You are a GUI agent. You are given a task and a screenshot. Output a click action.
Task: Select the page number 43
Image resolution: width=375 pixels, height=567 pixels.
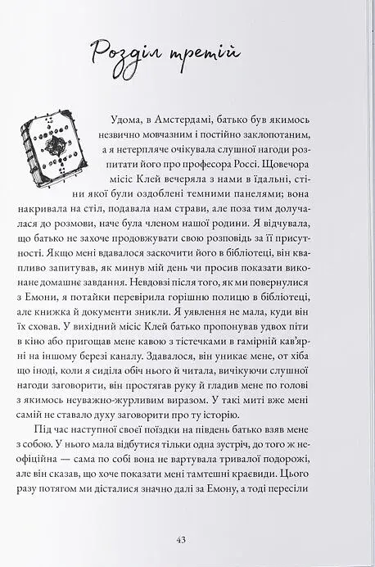click(x=182, y=539)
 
